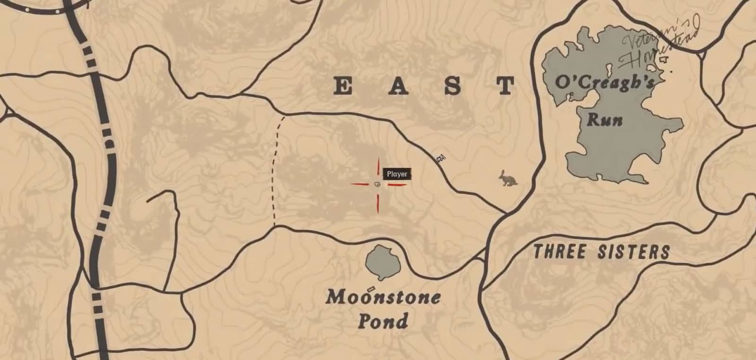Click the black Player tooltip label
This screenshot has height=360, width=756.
[x=397, y=174]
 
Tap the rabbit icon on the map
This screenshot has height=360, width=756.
[x=508, y=178]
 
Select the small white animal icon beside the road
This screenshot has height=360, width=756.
[x=441, y=158]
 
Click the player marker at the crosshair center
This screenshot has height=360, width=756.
[x=377, y=184]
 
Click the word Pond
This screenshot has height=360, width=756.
[x=383, y=321]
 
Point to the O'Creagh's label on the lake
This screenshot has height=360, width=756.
[x=604, y=83]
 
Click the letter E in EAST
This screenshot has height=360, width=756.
[x=343, y=86]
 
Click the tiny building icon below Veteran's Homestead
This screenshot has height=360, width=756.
[x=664, y=60]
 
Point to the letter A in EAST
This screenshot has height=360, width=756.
[x=398, y=86]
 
